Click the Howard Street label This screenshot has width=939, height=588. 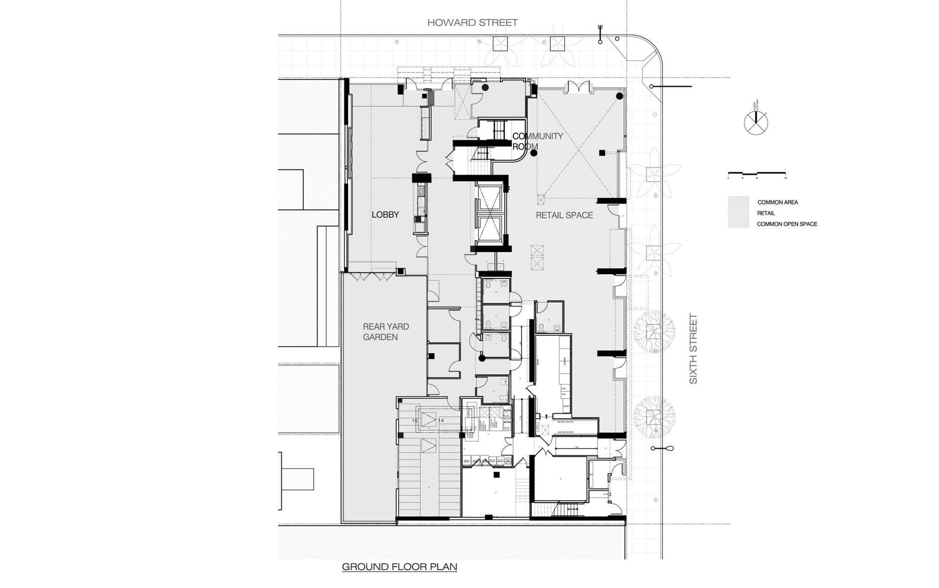coord(472,23)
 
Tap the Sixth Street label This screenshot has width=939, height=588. coord(693,349)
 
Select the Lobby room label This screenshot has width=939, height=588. coord(385,215)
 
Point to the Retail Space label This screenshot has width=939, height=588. coord(564,215)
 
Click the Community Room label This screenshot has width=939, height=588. coord(537,141)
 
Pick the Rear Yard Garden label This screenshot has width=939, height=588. coord(385,332)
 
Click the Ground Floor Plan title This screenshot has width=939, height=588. coord(399,567)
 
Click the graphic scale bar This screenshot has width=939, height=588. coord(757,175)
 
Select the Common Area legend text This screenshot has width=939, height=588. coord(777,203)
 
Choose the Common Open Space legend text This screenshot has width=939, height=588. coord(787,224)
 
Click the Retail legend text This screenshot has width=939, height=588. coord(766,214)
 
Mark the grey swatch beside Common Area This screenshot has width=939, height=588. coord(738,202)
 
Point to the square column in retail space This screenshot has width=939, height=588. coord(601,152)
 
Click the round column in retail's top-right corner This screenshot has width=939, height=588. coord(619,96)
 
